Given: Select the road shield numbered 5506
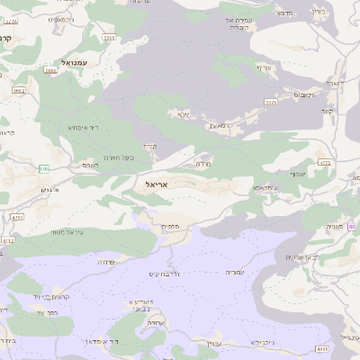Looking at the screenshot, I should tap(109, 38).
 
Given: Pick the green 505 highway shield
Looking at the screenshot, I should tap(43, 168).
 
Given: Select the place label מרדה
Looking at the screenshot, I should tap(202, 164).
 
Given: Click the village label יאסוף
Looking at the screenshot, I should tap(298, 174).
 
